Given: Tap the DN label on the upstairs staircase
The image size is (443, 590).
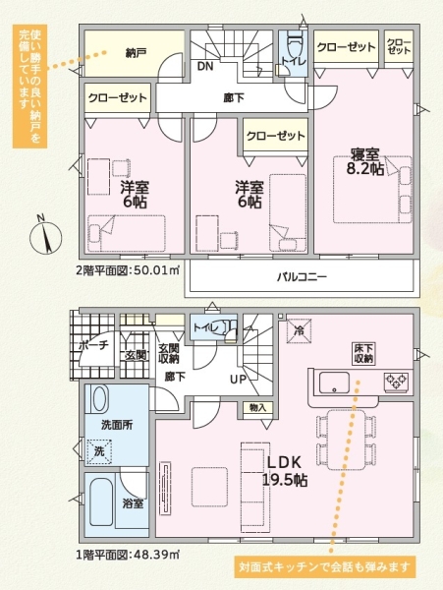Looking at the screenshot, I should point(204,67).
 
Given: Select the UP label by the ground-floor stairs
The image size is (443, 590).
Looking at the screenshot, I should point(237,379).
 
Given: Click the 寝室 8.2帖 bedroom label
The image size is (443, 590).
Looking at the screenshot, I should point(365,160).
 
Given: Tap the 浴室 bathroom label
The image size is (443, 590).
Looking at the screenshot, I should point(134,503).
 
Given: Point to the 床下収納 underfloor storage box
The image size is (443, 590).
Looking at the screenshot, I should point(363,353).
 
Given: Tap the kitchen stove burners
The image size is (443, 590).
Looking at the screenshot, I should point(395,382).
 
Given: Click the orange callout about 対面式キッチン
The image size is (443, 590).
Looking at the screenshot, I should point(325,567).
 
